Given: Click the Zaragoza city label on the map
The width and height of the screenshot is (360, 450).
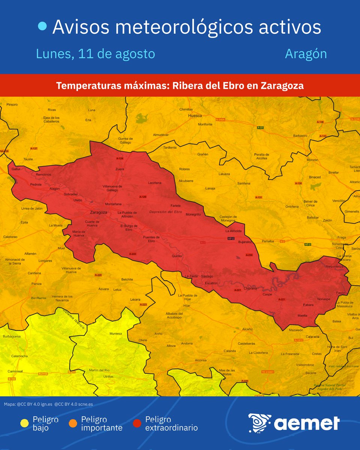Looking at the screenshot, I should point(99,213).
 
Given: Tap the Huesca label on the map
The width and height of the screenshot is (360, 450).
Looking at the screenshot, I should point(195,116).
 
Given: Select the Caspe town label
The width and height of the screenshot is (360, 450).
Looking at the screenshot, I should point(267,295).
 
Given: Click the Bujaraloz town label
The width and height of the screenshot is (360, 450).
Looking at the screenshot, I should point(245,242).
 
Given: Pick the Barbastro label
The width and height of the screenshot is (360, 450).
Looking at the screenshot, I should point(300,136).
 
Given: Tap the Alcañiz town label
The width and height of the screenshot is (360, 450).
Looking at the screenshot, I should point(247,329).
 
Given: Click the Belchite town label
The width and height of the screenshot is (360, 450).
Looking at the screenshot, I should point(127,279).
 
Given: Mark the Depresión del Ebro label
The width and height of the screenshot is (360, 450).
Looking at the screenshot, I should point(165,212).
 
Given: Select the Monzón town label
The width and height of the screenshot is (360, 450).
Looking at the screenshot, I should point(312,160).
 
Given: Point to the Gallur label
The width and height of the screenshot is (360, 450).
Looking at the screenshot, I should point(15,169).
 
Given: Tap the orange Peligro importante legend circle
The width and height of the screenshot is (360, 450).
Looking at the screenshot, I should point(73,423).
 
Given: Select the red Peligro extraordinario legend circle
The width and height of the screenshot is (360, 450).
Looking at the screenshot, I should point(137,423).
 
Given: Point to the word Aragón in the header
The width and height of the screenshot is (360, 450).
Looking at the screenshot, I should point(306,54).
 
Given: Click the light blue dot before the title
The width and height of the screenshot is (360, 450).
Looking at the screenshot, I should point(43,26).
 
